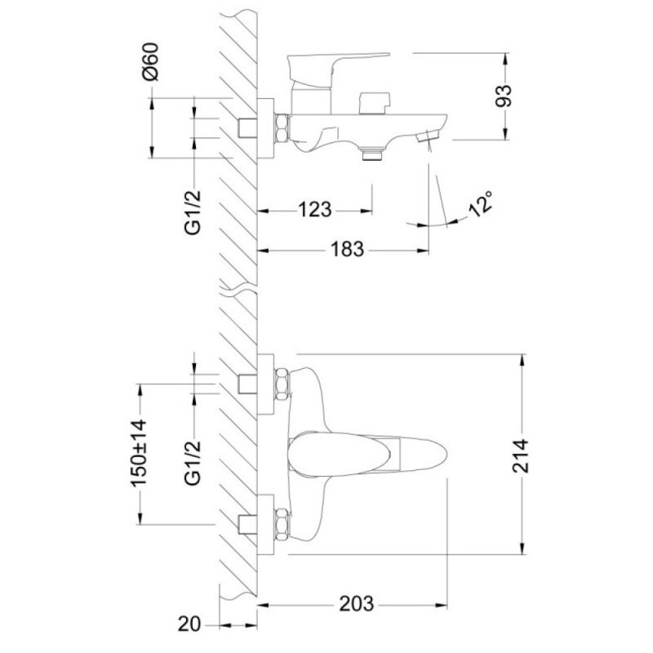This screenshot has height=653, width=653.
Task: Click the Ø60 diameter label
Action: (150, 62)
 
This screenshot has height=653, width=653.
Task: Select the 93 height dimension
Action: (504, 96)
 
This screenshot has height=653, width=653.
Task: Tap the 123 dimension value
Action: (314, 209)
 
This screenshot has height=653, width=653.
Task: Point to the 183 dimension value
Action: (347, 249)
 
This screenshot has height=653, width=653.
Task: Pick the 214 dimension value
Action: (520, 455)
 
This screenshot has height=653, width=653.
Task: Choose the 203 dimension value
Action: (357, 603)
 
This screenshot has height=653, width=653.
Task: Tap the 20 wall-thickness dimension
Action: (189, 624)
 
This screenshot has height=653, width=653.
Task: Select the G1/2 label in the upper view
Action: (193, 213)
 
